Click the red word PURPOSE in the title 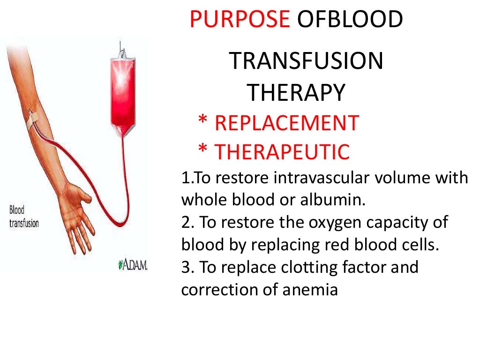[x=240, y=20]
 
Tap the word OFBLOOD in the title [x=350, y=20]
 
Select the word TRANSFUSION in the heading [x=306, y=62]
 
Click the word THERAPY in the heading [x=296, y=93]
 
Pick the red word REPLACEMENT [x=286, y=123]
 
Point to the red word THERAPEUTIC [x=282, y=152]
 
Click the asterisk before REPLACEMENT [x=203, y=122]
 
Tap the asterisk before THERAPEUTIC [x=203, y=150]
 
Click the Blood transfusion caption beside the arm [x=24, y=217]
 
